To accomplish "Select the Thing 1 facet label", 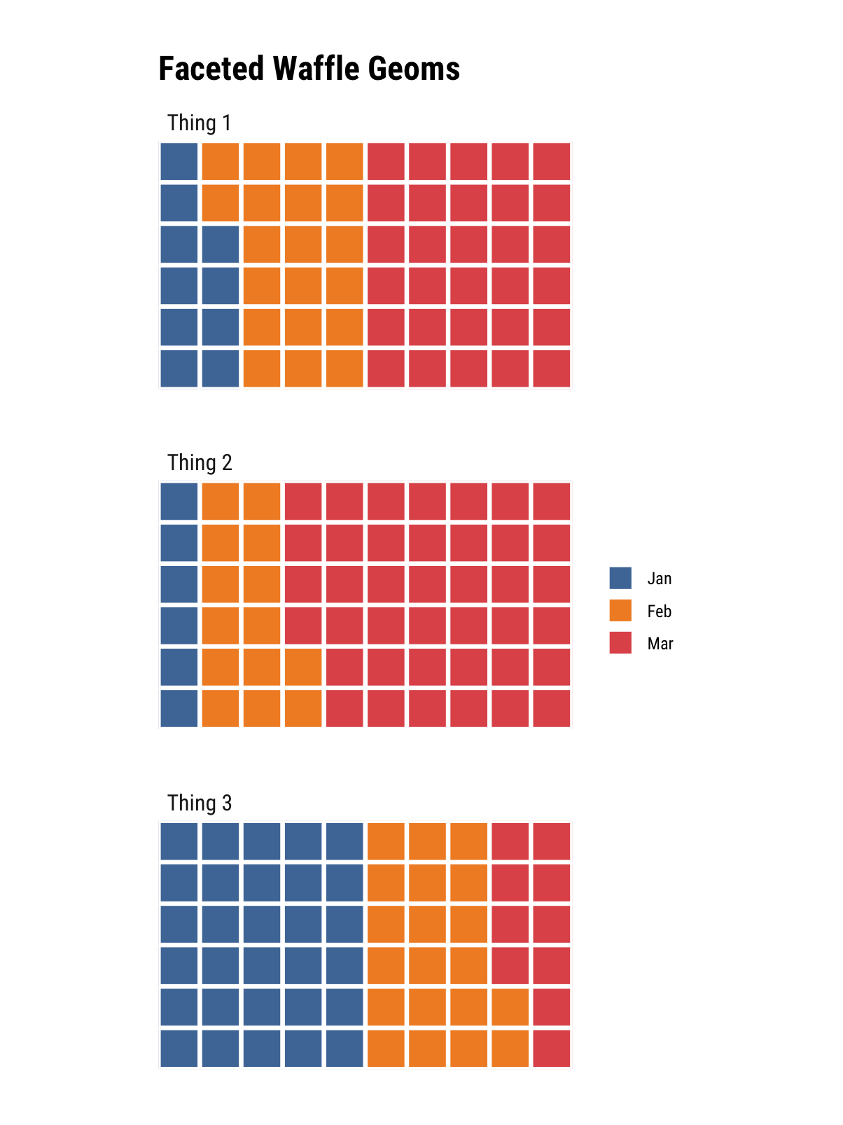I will point(199,123).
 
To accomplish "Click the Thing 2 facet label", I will point(200,463).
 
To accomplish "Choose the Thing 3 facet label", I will point(200,803).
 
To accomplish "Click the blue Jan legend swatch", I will point(620,578).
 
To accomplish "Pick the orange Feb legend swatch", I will point(620,611).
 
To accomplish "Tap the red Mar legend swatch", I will point(620,643).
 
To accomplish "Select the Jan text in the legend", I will point(660,579).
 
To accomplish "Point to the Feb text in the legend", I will point(660,612).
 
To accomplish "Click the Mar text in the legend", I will point(660,644).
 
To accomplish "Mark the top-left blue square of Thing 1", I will point(179,161).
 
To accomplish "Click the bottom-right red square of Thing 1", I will point(552,368).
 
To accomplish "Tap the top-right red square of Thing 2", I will point(552,502).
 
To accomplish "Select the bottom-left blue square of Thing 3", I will point(179,1048).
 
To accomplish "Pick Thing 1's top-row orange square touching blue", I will point(221,161).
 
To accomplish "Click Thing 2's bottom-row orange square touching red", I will point(303,708).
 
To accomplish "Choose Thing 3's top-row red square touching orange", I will point(510,841).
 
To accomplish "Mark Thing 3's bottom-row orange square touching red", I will point(510,1048).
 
